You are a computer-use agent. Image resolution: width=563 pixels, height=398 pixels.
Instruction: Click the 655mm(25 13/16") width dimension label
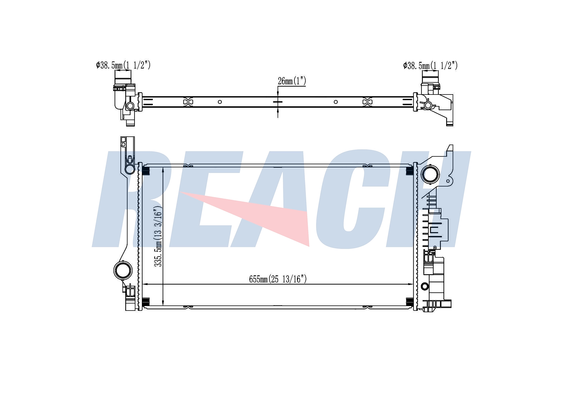[x=278, y=279]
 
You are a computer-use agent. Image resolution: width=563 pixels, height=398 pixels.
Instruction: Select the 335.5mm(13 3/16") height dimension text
[x=158, y=236]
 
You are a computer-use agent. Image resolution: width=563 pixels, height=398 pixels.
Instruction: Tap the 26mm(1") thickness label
[x=292, y=81]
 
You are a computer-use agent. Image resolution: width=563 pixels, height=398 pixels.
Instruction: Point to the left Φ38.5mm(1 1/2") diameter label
[x=123, y=65]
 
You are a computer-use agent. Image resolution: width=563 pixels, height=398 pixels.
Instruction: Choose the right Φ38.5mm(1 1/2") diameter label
[x=430, y=66]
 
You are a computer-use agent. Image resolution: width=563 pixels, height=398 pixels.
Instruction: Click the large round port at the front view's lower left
[x=123, y=270]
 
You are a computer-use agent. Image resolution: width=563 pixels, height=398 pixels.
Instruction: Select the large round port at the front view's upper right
[x=430, y=174]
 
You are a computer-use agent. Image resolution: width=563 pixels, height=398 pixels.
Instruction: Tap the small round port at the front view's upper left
[x=130, y=169]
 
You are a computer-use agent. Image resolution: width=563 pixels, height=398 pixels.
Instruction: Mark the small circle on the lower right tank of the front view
[x=424, y=287]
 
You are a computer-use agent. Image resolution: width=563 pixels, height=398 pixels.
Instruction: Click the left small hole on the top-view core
[x=220, y=102]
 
